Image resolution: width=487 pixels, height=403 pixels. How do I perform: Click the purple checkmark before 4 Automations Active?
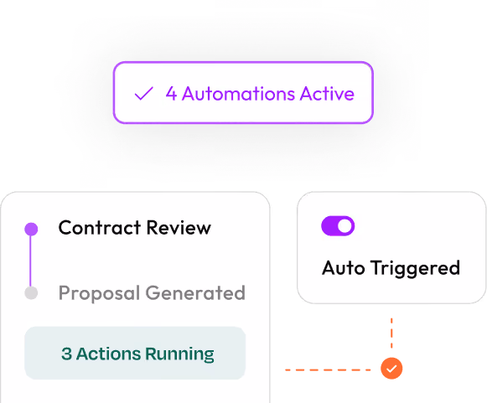(143, 94)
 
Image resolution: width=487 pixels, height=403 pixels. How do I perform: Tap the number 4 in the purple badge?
(171, 94)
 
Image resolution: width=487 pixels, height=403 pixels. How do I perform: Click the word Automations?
(238, 94)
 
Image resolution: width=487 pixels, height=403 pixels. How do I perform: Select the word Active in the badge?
(327, 94)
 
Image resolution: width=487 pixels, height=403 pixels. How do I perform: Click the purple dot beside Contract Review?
(31, 229)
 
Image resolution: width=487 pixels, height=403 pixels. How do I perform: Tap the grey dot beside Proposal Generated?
(31, 293)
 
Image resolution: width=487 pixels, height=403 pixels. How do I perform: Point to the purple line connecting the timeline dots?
(30, 261)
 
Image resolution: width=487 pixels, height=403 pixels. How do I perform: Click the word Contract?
(100, 228)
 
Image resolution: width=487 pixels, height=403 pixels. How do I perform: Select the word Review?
(179, 228)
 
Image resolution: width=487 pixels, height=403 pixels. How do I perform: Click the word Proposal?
(99, 293)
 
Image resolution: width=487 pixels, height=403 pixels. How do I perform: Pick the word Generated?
(195, 293)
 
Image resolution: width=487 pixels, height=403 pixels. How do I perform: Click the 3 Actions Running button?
(135, 353)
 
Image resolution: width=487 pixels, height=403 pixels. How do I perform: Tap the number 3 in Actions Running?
(66, 354)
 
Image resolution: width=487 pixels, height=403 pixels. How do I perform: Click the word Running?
(180, 354)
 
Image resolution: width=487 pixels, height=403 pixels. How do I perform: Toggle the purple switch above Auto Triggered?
(338, 225)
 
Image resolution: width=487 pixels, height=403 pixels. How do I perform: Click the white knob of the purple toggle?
(345, 225)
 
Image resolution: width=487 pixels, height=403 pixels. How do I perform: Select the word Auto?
(343, 268)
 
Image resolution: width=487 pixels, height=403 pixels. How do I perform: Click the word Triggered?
(415, 268)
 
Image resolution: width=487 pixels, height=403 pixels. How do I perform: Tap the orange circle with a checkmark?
(391, 369)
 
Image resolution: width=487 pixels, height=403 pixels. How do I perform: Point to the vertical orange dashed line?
(391, 333)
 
